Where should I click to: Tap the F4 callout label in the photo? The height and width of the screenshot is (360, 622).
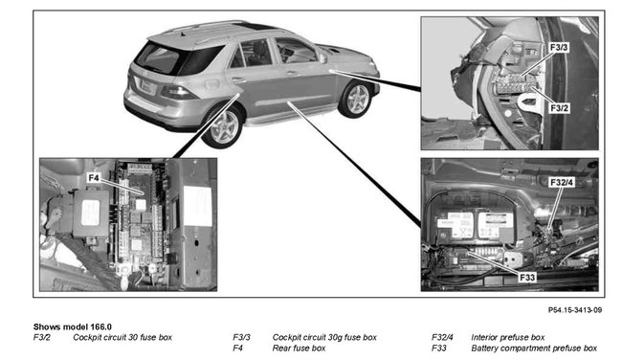(x=94, y=176)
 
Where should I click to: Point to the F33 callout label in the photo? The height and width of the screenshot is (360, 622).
(x=526, y=277)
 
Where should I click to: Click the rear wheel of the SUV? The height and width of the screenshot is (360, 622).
(x=223, y=126)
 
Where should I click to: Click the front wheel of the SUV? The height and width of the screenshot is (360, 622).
(x=356, y=98)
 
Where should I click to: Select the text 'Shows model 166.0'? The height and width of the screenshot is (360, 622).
(x=73, y=326)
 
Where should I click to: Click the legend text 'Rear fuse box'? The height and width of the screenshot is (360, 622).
(x=299, y=348)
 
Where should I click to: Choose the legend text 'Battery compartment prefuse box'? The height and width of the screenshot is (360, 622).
(x=534, y=348)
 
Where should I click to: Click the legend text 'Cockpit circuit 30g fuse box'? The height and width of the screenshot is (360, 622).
(x=324, y=337)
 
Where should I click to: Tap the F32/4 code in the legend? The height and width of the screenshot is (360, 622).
(x=444, y=337)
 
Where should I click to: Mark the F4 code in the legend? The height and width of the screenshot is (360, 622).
(x=238, y=348)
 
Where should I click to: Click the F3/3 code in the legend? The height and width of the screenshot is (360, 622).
(x=241, y=337)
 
